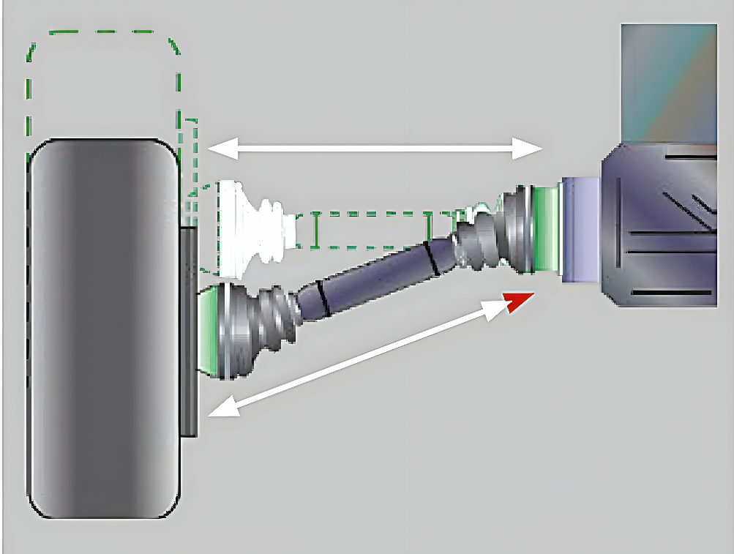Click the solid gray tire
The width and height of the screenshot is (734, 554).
click(x=102, y=329)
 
